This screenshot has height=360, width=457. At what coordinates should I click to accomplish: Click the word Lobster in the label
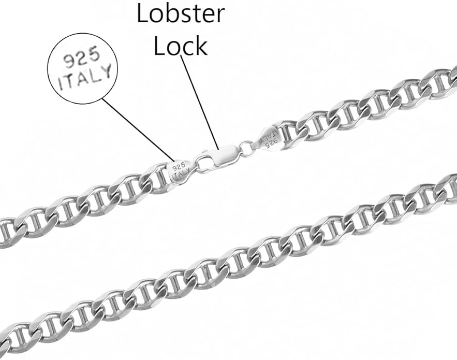[181, 13]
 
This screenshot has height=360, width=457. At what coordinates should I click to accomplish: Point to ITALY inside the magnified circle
[84, 78]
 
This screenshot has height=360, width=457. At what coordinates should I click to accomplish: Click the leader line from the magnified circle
[138, 130]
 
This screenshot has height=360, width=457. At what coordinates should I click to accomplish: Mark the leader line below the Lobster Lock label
[200, 102]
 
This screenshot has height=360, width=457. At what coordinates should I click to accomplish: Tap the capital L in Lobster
[143, 13]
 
